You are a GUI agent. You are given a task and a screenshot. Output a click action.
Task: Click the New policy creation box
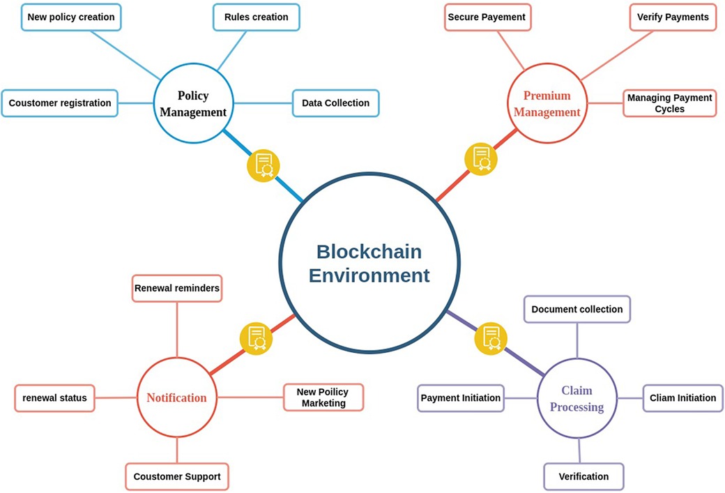point(71,17)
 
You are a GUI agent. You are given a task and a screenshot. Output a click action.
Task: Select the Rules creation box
point(256,17)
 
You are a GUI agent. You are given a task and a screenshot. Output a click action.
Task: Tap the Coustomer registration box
point(60,103)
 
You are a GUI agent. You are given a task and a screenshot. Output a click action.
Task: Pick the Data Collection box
point(335,103)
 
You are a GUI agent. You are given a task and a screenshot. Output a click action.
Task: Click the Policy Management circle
point(192,104)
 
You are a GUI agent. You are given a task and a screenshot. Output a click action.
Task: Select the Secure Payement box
point(487,17)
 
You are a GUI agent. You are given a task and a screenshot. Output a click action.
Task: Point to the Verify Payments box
point(672,17)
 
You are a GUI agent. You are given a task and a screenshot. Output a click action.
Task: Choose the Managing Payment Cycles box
point(669,103)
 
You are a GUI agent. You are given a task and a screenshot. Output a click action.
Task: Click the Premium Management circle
point(547,104)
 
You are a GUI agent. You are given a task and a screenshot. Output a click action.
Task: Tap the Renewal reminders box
point(177,288)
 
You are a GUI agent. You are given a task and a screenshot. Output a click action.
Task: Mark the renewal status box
point(54,398)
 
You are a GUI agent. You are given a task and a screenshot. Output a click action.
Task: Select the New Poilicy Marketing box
point(323,397)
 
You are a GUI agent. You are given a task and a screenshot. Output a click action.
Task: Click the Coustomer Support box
point(177,477)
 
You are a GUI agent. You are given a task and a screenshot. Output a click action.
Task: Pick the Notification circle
point(177,398)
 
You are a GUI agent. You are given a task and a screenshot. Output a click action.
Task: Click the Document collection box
point(577,309)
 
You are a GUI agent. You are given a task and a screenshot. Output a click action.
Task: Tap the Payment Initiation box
point(461,398)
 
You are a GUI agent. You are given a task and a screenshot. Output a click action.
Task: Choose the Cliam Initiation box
point(682,398)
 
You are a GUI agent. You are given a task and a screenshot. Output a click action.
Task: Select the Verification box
point(583,477)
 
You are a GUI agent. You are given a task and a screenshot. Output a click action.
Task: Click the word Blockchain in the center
point(369,251)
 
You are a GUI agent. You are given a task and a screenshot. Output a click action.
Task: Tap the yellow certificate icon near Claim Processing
point(491,338)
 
